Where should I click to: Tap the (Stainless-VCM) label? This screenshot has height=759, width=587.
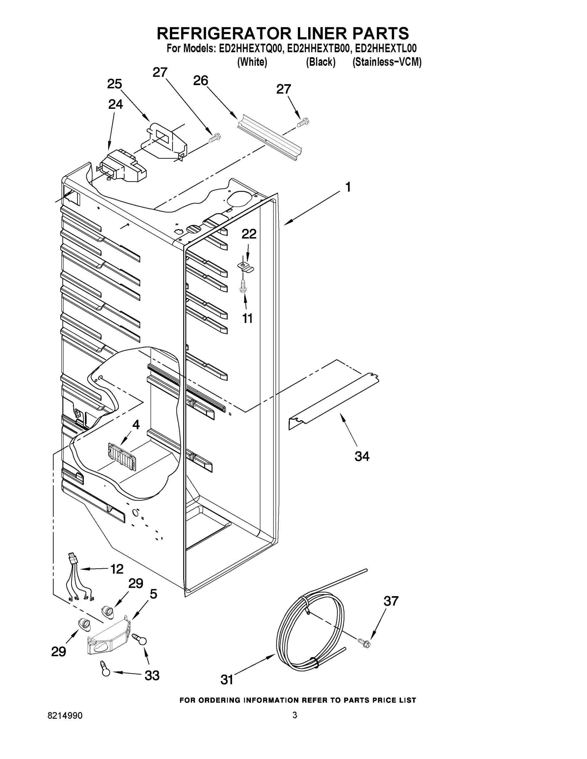click(387, 62)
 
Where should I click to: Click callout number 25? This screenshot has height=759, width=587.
click(115, 84)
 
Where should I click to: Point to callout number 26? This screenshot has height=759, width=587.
click(201, 81)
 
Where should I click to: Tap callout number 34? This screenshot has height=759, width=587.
click(362, 456)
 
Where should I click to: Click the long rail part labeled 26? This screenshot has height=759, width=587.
click(270, 138)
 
